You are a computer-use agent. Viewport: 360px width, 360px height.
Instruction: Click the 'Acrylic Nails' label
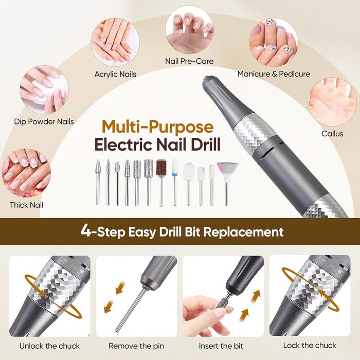[x=115, y=74]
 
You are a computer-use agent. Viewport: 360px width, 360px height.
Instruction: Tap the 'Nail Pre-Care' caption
[x=189, y=61]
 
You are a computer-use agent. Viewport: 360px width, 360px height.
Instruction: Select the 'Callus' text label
[x=332, y=133]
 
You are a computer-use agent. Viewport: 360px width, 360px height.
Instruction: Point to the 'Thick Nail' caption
[x=26, y=205]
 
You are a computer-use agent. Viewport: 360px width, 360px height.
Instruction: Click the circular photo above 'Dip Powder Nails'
[x=44, y=90]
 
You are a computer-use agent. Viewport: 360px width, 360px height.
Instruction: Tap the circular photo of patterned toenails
[x=274, y=43]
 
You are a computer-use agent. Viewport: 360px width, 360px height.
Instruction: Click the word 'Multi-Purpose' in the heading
[x=158, y=127]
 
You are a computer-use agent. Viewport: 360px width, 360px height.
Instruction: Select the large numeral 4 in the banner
[x=85, y=231]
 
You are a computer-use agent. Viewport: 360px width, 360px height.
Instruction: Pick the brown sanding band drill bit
[x=161, y=183]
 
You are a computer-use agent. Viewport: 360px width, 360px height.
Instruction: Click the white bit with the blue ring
[x=175, y=182]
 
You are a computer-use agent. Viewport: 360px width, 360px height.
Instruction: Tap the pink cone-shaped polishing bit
[x=227, y=184]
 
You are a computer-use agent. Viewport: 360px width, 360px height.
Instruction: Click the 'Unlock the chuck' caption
[x=49, y=346]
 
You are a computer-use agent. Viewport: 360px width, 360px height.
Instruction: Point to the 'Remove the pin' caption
[x=136, y=346]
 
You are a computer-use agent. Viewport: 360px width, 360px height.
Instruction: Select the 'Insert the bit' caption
[x=221, y=346]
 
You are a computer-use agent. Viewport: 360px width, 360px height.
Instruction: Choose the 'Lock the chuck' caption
[x=310, y=345]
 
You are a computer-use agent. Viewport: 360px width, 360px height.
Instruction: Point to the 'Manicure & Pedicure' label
[x=274, y=74]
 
